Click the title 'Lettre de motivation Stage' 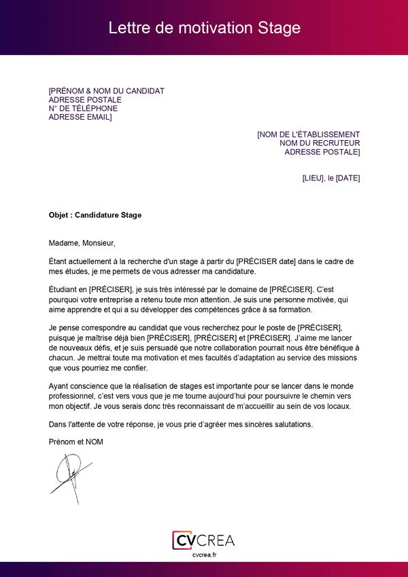204,28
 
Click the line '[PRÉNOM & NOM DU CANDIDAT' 106,91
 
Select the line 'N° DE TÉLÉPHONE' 83,108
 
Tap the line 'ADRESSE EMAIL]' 80,117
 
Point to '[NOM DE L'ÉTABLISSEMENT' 308,135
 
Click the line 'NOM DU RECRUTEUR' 320,144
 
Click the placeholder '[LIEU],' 313,178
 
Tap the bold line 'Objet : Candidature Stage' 95,215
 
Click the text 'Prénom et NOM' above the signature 75,442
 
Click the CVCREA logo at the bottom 203,540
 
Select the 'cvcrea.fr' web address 204,555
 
